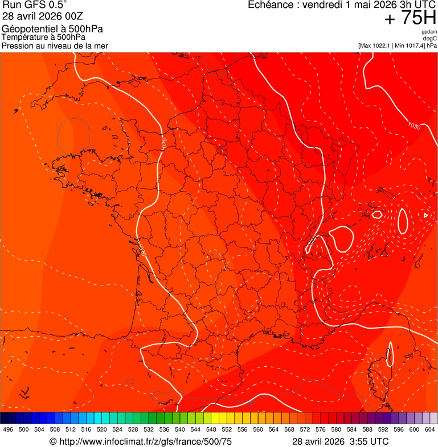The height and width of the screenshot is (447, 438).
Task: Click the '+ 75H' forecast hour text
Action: pyautogui.click(x=410, y=18)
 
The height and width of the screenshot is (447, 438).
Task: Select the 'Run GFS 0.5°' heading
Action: pyautogui.click(x=35, y=6)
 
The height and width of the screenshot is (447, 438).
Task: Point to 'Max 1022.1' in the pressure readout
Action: pyautogui.click(x=375, y=45)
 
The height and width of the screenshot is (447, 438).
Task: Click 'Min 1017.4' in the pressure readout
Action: pyautogui.click(x=409, y=45)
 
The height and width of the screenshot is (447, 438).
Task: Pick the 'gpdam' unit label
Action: pyautogui.click(x=429, y=32)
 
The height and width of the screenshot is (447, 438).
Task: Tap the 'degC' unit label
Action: pyautogui.click(x=431, y=39)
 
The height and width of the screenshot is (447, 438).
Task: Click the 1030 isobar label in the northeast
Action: pyautogui.click(x=414, y=126)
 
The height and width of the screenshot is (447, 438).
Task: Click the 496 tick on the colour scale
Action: pyautogui.click(x=8, y=429)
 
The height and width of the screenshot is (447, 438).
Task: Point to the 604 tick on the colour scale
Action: pyautogui.click(x=430, y=429)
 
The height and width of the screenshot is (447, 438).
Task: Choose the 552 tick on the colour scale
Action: pyautogui.click(x=227, y=429)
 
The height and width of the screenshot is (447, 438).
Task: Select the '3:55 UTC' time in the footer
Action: pyautogui.click(x=370, y=441)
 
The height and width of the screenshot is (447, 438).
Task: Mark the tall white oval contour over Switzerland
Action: pyautogui.click(x=403, y=221)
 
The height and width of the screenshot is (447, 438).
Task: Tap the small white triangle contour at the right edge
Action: pyautogui.click(x=426, y=215)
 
